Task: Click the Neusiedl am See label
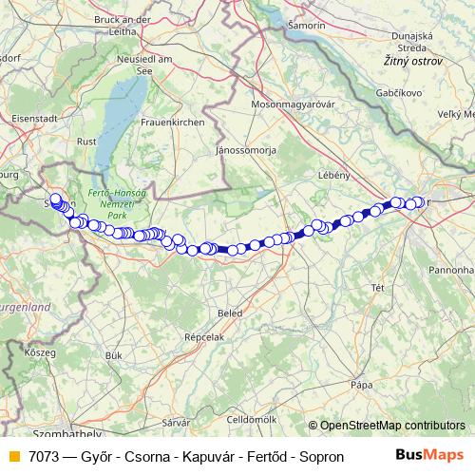pyautogui.click(x=141, y=63)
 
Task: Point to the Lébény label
pyautogui.click(x=335, y=176)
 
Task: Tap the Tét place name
pyautogui.click(x=376, y=286)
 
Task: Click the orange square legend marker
pyautogui.click(x=13, y=456)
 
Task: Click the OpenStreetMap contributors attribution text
pyautogui.click(x=391, y=426)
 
